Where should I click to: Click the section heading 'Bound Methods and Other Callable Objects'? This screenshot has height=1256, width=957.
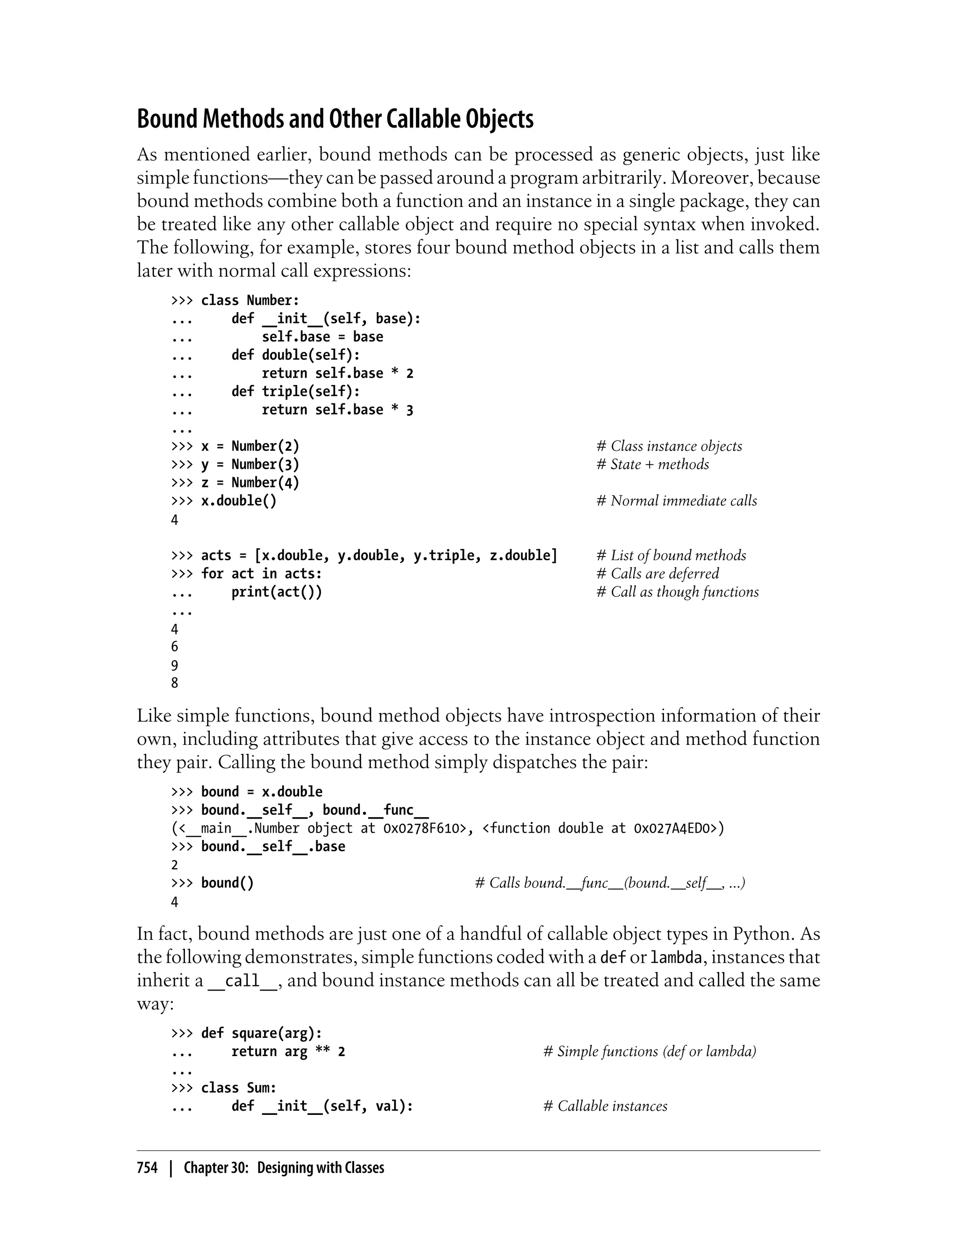(335, 119)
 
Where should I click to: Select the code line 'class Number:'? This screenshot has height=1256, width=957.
(250, 300)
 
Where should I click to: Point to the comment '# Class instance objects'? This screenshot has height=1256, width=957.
(669, 446)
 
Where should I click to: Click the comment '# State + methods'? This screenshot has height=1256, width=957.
(652, 464)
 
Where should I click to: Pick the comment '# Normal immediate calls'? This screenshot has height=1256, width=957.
(676, 501)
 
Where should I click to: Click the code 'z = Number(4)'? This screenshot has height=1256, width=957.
(250, 483)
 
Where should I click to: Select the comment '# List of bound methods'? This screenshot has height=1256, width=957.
(671, 556)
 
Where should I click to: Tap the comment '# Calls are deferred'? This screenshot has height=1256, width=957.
(657, 574)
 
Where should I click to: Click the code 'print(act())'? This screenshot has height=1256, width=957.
(276, 592)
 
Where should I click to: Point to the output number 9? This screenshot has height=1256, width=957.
(175, 665)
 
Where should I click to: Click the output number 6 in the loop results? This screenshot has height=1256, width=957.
(175, 647)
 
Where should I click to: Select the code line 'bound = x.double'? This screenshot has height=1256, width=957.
(262, 792)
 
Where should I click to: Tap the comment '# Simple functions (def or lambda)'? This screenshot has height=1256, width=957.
(650, 1051)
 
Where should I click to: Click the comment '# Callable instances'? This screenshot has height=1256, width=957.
(605, 1106)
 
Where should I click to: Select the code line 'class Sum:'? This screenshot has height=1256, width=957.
(238, 1088)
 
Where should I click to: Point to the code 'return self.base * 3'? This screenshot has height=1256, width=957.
(337, 409)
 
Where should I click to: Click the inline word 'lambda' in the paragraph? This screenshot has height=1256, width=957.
(676, 957)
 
